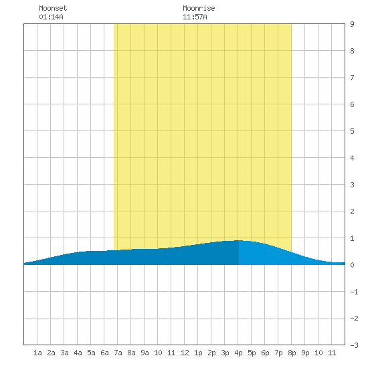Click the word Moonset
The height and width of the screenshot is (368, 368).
53,8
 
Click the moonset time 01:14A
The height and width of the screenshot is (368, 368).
51,17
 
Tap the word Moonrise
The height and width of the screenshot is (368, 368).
199,8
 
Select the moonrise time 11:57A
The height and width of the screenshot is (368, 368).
195,17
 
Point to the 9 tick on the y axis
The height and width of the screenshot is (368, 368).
352,24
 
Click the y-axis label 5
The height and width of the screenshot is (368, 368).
352,131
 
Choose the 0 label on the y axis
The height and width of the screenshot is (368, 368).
352,265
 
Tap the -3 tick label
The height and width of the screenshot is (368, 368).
354,345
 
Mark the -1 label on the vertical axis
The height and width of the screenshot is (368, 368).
354,292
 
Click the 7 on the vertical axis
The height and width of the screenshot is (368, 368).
352,78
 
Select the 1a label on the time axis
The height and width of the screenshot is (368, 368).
37,353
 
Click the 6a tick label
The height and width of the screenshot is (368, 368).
104,353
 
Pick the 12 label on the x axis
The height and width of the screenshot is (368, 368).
185,353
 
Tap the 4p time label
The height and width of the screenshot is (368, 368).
238,353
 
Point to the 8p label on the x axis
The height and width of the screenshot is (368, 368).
292,353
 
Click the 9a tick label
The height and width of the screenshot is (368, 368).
145,353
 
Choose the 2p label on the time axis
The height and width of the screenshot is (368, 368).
211,353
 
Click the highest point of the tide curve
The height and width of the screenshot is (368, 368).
239,240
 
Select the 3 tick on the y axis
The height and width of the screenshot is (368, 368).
352,185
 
